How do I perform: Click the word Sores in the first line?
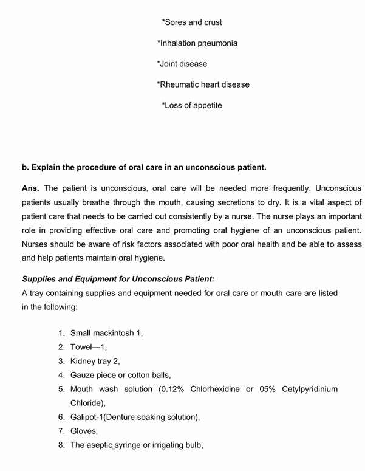[x=176, y=22]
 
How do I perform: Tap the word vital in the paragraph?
[x=316, y=202]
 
